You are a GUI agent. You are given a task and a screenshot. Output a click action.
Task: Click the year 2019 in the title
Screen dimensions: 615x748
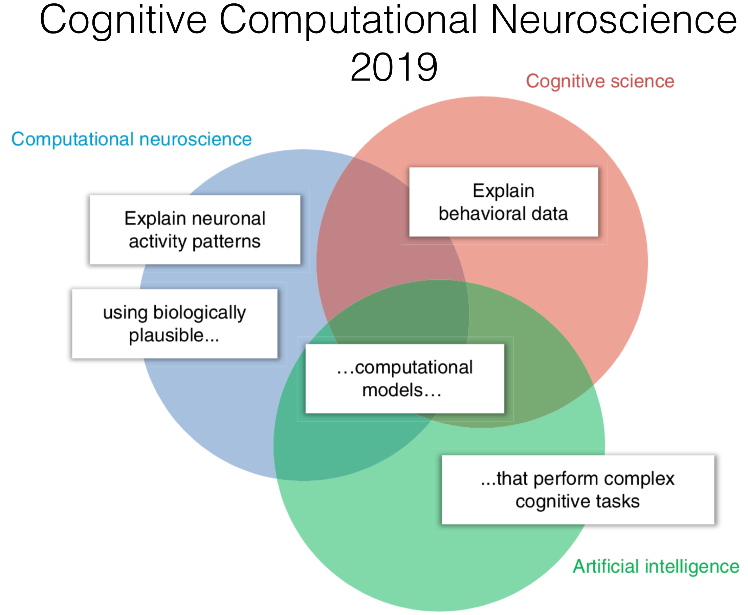click(x=394, y=67)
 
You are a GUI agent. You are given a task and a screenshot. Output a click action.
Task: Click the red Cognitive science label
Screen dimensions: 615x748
click(x=600, y=82)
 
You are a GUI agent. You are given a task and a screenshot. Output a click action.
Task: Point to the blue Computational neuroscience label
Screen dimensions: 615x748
click(x=131, y=139)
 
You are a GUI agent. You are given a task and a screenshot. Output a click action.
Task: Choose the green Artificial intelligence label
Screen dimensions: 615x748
click(x=656, y=566)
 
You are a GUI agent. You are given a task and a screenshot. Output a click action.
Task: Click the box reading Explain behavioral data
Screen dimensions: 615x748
click(x=503, y=202)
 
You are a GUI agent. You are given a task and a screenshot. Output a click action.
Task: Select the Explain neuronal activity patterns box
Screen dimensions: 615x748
click(x=195, y=230)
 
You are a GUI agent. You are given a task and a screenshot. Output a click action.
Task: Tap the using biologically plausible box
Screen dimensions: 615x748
click(x=175, y=324)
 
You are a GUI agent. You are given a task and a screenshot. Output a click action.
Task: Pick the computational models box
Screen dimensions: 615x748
click(x=404, y=378)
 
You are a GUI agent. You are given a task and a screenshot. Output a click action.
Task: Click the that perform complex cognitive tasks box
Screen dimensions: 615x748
click(x=577, y=490)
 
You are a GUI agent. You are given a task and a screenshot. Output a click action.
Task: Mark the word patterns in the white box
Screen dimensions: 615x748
click(x=226, y=241)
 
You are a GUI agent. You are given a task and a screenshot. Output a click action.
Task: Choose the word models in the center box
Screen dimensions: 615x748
click(x=392, y=390)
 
